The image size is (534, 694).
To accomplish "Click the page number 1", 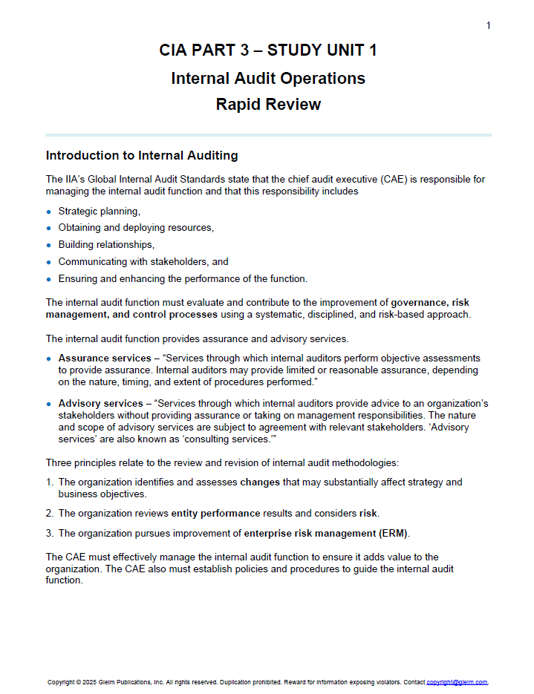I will coord(488,26).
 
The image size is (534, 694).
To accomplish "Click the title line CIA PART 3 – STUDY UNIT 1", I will coord(267,50).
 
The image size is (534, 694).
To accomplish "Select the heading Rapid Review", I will coord(267,105).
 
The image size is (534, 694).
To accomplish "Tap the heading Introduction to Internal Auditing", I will coord(142,156).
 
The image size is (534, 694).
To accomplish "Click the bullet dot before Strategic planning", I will coord(49,212).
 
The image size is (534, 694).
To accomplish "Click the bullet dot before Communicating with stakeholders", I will coord(49,262).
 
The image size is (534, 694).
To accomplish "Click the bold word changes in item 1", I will coord(260,482).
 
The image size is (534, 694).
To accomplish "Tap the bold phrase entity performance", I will coord(215,513).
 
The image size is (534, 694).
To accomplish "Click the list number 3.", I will coord(49,534).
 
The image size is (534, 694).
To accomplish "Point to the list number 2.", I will coord(49,513).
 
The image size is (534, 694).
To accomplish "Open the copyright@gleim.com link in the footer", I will coord(456,682).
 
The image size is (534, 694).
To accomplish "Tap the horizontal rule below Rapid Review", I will coord(267,135).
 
